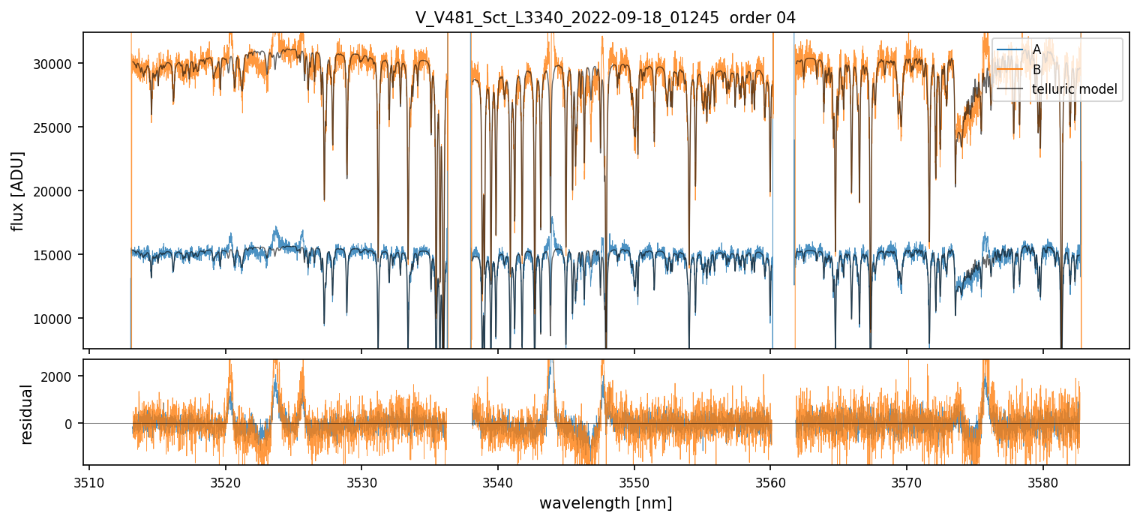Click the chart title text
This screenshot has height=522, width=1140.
point(605,17)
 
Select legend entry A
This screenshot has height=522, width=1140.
point(1036,49)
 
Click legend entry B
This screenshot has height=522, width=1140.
point(1036,70)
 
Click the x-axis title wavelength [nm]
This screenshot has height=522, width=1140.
point(605,502)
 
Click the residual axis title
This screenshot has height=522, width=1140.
point(27,413)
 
